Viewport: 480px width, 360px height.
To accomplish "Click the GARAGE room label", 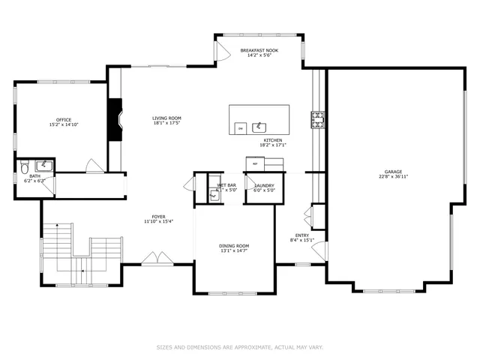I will tap(393, 172).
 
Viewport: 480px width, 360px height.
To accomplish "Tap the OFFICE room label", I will tap(63, 120).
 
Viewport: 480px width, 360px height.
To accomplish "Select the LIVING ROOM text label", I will tap(166, 118).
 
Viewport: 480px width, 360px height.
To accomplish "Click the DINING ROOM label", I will tap(233, 246).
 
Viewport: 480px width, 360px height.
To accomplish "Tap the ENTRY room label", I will tap(301, 235).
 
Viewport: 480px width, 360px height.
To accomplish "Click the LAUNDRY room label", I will tap(264, 185).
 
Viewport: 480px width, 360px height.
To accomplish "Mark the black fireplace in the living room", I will tap(114, 121).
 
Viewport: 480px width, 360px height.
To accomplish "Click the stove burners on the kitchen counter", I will tap(318, 118).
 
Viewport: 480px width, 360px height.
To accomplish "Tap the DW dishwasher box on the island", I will tap(240, 129).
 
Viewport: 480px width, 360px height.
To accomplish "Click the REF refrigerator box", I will tap(255, 163).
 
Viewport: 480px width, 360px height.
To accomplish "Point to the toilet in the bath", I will tap(24, 165).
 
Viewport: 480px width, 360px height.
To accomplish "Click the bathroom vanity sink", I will tap(43, 163).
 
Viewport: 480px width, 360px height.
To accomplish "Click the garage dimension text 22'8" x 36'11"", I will tap(393, 178).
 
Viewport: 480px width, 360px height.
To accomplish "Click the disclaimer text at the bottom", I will tap(239, 347).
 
